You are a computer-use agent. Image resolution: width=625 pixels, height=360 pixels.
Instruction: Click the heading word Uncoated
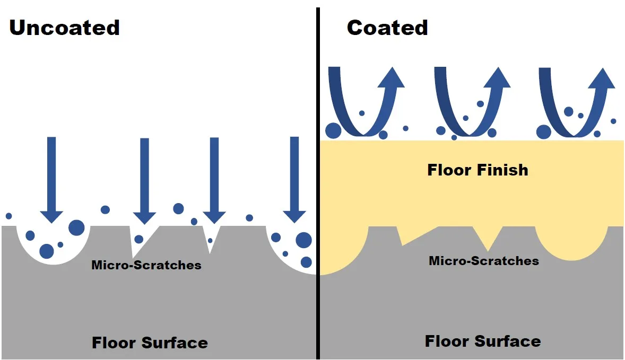[64, 28]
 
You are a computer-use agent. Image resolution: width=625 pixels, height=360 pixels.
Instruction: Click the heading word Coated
[387, 28]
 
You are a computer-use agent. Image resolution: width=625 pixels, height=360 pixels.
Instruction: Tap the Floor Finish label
[478, 170]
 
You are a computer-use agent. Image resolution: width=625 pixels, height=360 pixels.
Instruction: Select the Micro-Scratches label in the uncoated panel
[146, 265]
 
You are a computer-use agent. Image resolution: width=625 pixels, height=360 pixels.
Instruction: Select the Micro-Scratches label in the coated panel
[483, 261]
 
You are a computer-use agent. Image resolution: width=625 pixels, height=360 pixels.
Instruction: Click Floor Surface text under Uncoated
[150, 343]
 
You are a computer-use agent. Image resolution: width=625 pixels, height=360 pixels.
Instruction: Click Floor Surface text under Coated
[483, 341]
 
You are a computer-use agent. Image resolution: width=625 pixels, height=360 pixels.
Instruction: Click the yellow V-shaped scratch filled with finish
[487, 238]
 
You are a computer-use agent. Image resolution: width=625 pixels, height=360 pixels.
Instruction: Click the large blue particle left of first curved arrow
[333, 130]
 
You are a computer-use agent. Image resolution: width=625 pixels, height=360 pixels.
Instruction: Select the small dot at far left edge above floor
[8, 216]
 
